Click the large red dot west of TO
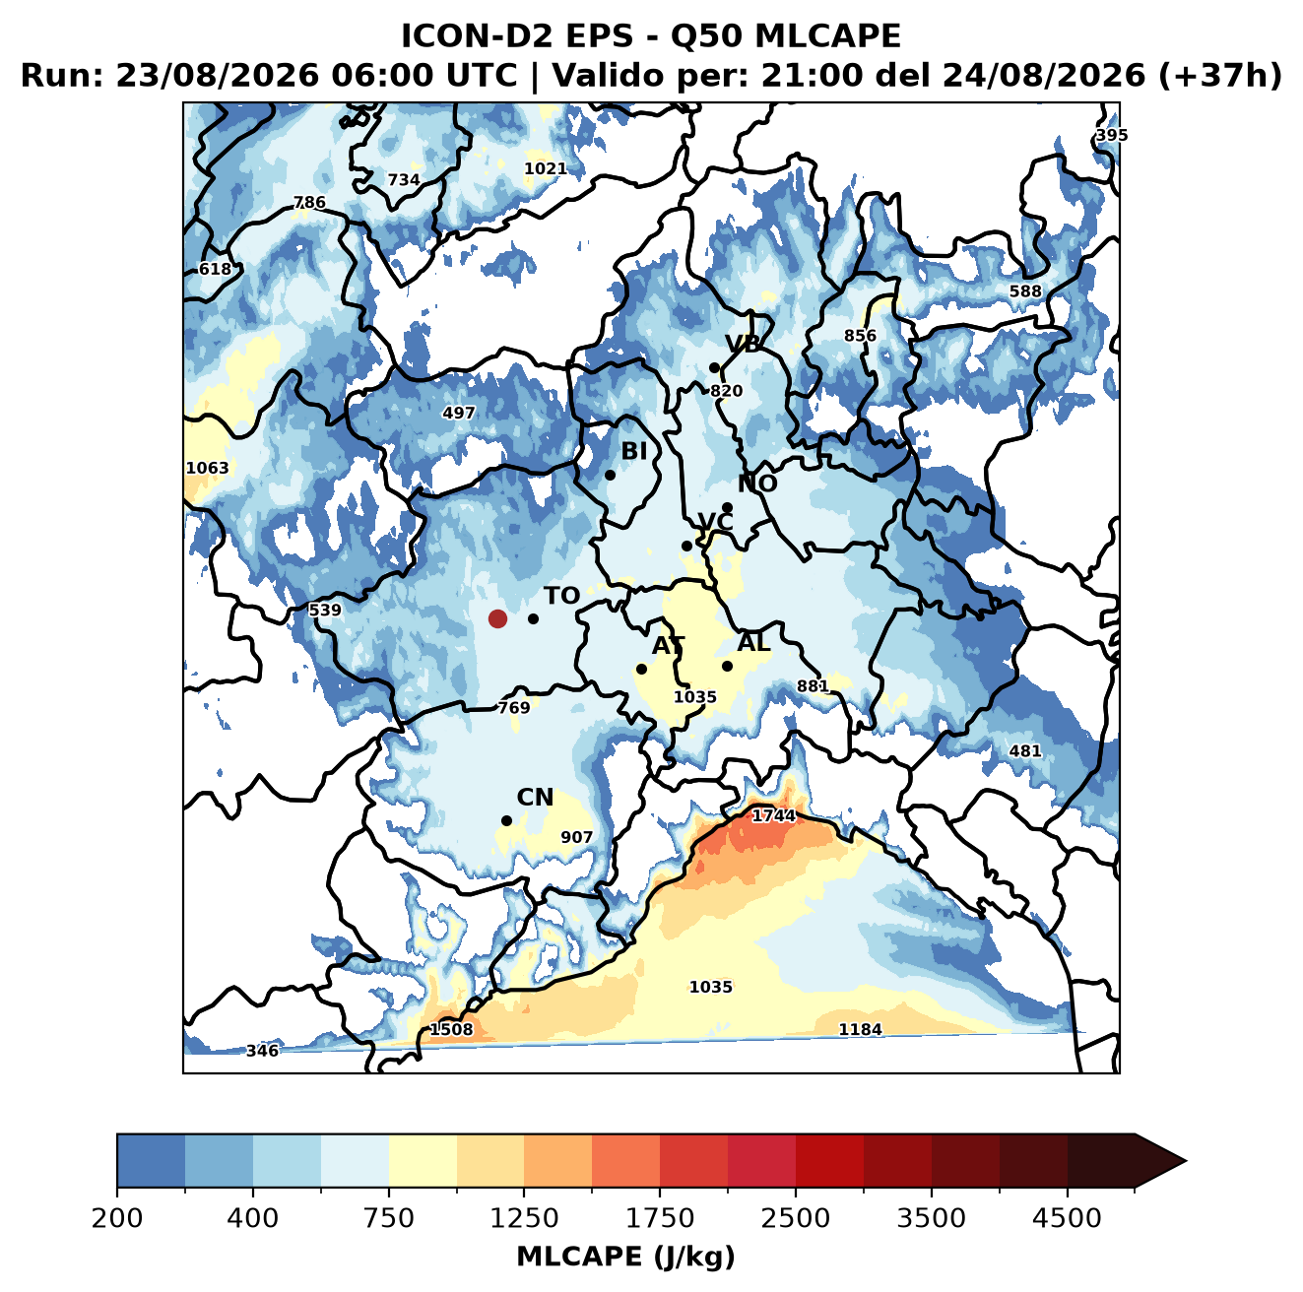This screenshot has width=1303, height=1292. click(x=497, y=618)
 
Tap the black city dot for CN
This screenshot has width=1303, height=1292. click(x=506, y=820)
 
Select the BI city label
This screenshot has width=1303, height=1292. click(x=633, y=451)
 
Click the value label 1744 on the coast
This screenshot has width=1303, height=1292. click(x=773, y=815)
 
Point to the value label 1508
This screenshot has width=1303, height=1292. click(x=451, y=1030)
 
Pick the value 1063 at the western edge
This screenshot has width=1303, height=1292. click(x=207, y=468)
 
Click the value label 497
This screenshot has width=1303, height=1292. click(x=458, y=413)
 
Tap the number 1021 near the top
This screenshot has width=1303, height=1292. click(x=545, y=168)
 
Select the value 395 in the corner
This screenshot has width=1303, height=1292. click(x=1112, y=135)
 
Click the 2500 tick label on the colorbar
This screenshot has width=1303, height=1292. click(x=795, y=1217)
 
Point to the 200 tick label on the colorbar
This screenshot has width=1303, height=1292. click(x=117, y=1217)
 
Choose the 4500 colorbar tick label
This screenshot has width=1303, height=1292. click(x=1067, y=1217)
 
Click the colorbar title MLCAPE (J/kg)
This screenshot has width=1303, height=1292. click(x=625, y=1257)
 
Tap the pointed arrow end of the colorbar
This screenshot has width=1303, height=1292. click(x=1185, y=1161)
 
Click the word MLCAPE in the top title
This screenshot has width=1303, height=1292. click(x=827, y=36)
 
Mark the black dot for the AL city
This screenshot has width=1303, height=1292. click(x=727, y=666)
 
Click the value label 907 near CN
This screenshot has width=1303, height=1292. click(x=576, y=837)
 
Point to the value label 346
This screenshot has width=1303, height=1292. click(x=262, y=1051)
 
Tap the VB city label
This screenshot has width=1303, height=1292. click(x=743, y=344)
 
